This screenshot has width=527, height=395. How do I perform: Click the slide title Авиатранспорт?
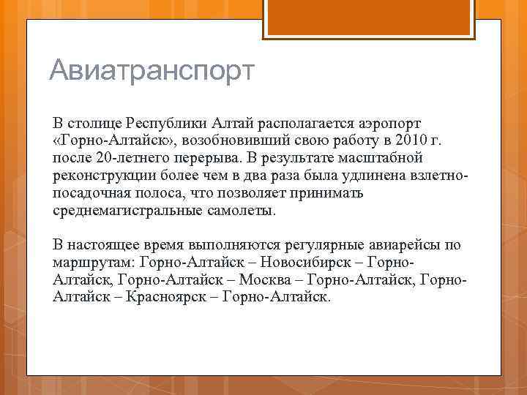[151, 72]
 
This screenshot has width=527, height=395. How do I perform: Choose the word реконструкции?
[100, 176]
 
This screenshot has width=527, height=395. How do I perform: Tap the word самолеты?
[243, 211]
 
